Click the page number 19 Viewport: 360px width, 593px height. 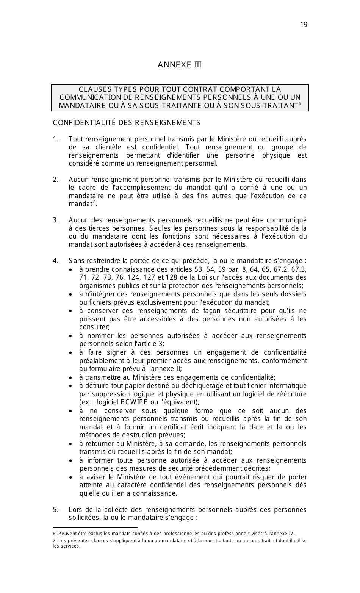[304, 25]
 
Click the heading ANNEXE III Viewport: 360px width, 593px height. [179, 65]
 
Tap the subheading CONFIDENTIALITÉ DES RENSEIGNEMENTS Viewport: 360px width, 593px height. [127, 123]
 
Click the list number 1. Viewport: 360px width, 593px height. [55, 139]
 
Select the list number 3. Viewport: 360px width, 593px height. [55, 220]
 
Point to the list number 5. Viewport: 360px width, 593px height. [55, 510]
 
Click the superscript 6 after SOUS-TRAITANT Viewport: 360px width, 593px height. [300, 103]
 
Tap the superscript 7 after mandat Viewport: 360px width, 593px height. [94, 202]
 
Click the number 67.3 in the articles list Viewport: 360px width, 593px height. [299, 269]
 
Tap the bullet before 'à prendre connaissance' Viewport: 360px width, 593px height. [71, 270]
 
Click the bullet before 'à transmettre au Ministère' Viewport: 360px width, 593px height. [71, 378]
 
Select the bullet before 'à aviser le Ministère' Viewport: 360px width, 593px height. [71, 477]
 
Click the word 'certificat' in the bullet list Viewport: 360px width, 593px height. [171, 427]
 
